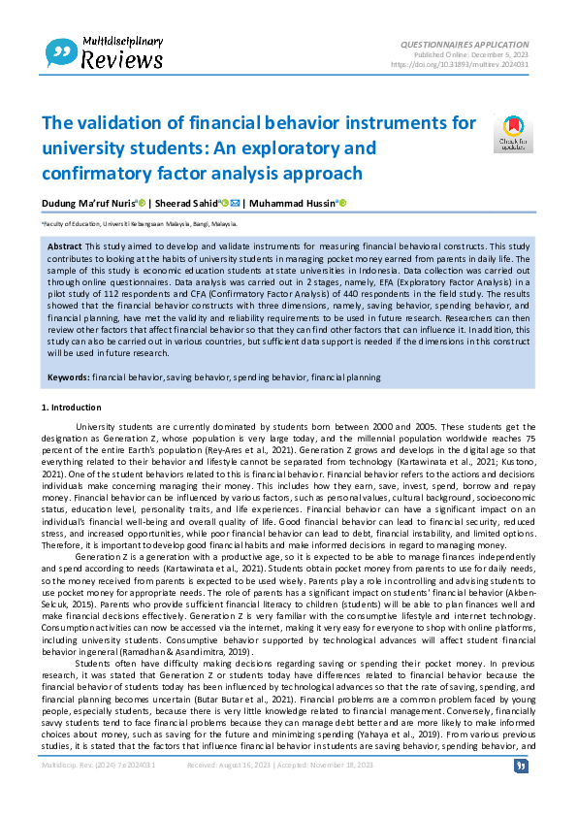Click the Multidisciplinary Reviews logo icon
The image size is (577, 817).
(61, 51)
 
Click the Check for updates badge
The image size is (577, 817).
(513, 135)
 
